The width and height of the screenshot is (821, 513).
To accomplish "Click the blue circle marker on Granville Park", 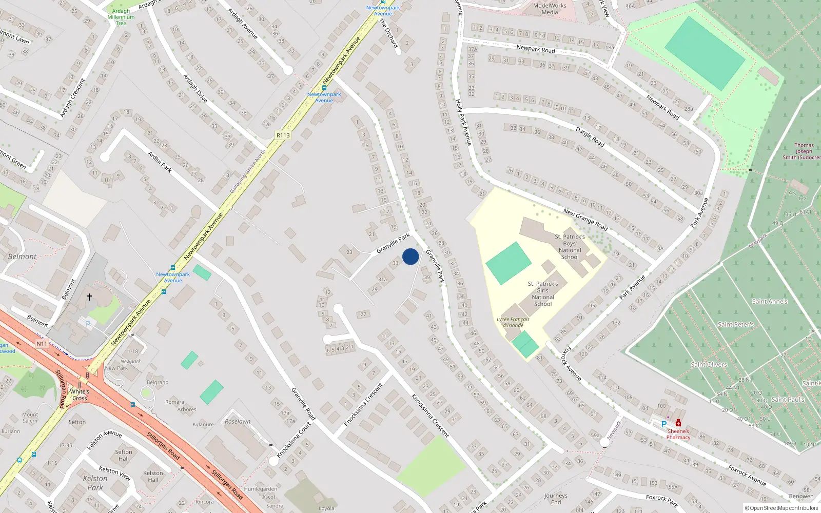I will tap(411, 256).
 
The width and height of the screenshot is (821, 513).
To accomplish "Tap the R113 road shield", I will tap(283, 135).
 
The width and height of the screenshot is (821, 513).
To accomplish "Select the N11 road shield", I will tap(42, 344).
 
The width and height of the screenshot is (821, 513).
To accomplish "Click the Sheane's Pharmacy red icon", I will tap(678, 423).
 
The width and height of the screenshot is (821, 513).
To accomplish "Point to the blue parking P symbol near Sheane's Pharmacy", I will tap(663, 424).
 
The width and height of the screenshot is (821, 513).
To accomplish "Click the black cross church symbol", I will tap(89, 297).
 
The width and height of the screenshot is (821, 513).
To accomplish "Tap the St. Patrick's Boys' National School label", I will tap(570, 247).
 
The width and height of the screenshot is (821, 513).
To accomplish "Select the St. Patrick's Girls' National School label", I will tap(543, 293).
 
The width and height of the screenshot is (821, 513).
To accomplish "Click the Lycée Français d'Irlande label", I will tap(513, 322).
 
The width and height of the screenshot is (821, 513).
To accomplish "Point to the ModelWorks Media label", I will tap(550, 9).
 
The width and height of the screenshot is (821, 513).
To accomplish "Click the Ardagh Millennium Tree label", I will tap(121, 17).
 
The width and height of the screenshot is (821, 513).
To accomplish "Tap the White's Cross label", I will tap(80, 394).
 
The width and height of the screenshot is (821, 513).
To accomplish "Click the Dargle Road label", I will tap(590, 136).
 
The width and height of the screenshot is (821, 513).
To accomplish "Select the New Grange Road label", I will tap(585, 220).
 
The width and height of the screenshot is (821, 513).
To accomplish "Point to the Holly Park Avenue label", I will tap(463, 122).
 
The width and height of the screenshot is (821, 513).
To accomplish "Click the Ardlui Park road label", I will tap(160, 162).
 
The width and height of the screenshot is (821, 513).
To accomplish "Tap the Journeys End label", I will tap(556, 499).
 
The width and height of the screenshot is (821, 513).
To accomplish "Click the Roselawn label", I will tap(238, 422).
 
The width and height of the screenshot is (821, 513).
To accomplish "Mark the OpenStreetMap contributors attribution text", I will tap(781, 508).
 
